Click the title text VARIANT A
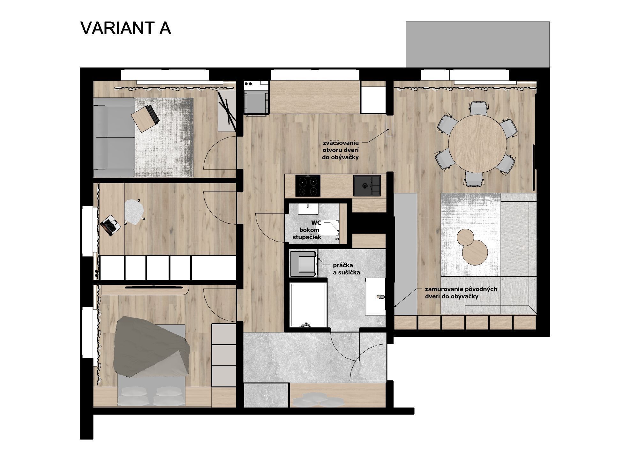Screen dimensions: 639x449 [126, 28]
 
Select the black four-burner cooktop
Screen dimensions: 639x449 [308, 186]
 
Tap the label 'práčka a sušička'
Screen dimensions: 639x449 [346, 269]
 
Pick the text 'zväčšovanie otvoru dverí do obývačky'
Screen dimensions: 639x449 [341, 150]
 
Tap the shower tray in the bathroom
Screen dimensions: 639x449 [308, 305]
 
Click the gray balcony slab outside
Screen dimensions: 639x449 [477, 44]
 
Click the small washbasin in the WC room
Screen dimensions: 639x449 [308, 208]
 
